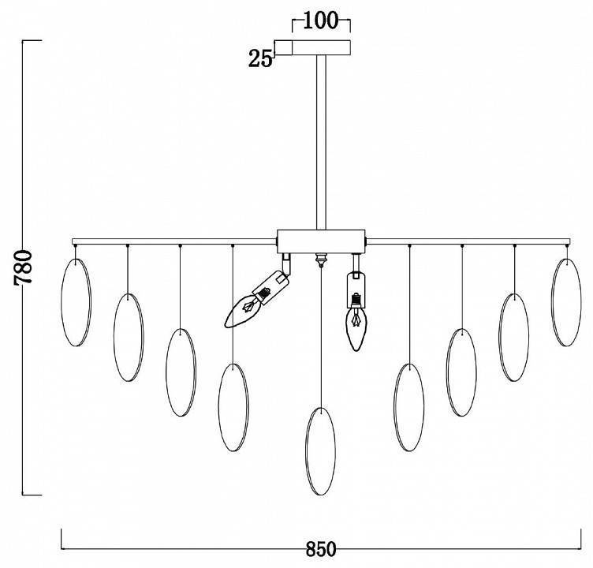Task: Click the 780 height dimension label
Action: (24, 267)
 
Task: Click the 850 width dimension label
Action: (321, 549)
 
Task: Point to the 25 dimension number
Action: (260, 58)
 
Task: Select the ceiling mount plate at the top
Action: (312, 47)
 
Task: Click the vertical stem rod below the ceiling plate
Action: (321, 142)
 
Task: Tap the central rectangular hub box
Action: (321, 241)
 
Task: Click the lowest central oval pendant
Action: (321, 451)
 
